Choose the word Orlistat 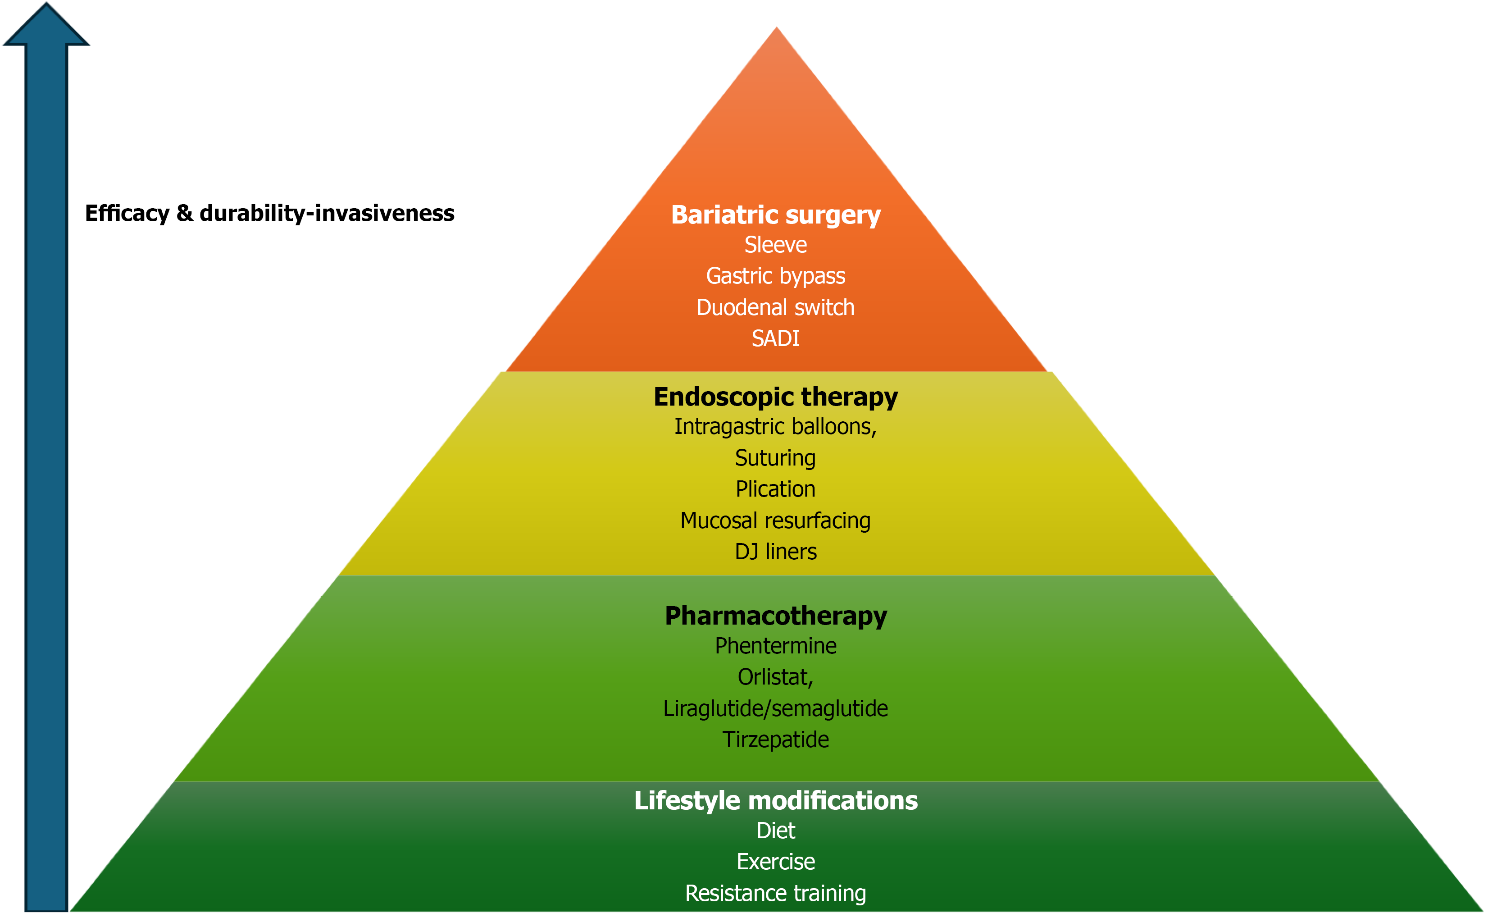tap(774, 677)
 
